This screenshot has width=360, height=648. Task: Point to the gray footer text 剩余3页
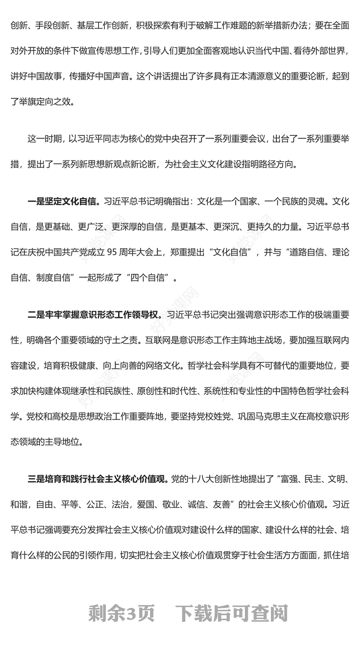(x=121, y=613)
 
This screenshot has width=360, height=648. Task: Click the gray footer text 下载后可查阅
(x=231, y=613)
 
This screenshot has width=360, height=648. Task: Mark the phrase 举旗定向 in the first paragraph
(x=40, y=102)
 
